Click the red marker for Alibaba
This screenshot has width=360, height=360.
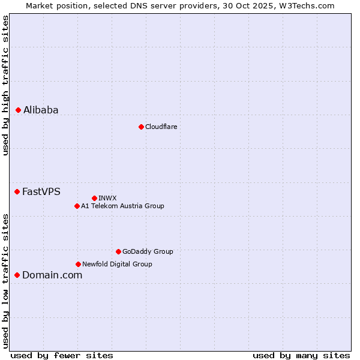(18, 110)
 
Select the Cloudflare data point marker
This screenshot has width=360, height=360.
(141, 127)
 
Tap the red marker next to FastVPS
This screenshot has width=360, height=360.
(17, 191)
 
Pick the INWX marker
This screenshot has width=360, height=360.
(94, 198)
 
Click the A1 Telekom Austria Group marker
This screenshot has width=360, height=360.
(77, 206)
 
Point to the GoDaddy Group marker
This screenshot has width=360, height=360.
(118, 251)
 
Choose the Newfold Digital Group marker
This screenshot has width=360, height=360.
(78, 264)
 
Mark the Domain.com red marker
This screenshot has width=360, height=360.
(17, 275)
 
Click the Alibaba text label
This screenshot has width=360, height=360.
(41, 110)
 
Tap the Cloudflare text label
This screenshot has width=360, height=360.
(161, 127)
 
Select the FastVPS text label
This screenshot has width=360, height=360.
(41, 191)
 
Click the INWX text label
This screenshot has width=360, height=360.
(107, 198)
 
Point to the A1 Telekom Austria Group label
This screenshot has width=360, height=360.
(122, 206)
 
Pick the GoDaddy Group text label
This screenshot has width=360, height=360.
(148, 251)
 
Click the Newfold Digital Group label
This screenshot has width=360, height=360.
(117, 264)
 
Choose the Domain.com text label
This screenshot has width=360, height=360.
(52, 275)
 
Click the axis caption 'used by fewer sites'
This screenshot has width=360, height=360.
(62, 355)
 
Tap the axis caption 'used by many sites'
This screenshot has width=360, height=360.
(301, 355)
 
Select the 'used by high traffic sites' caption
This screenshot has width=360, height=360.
(5, 85)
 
